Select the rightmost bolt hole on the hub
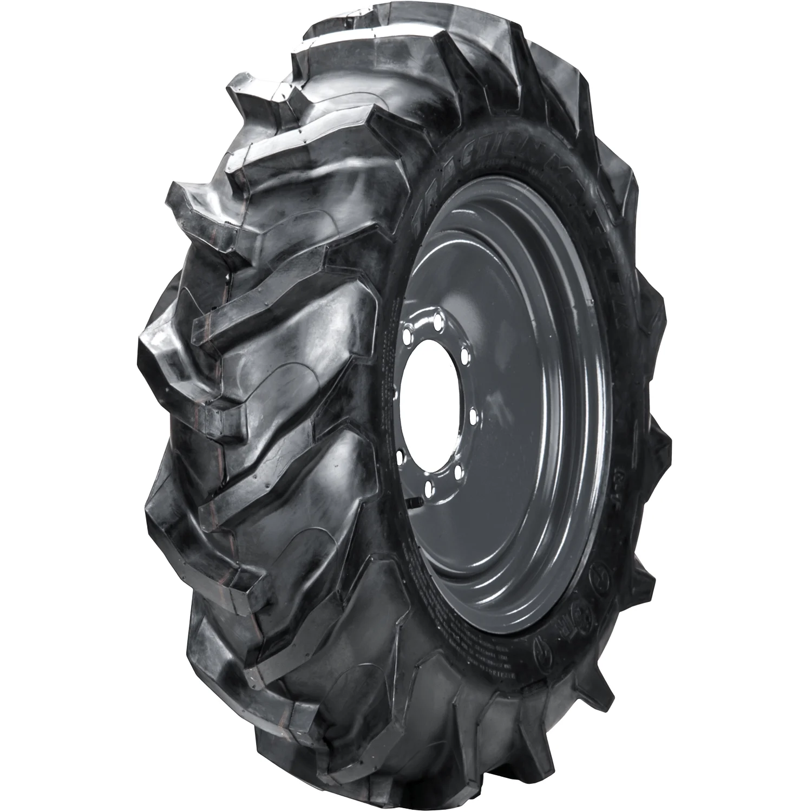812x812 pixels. tap(473, 416)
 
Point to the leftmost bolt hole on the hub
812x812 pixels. tap(402, 459)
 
